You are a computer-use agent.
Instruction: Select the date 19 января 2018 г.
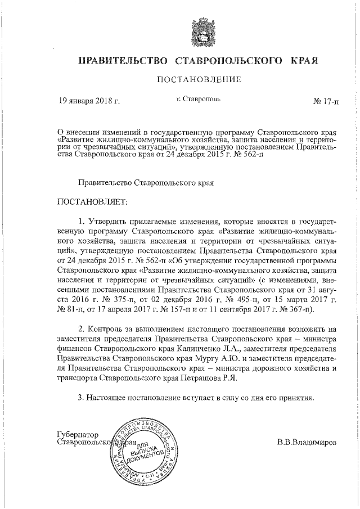pos(90,102)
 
